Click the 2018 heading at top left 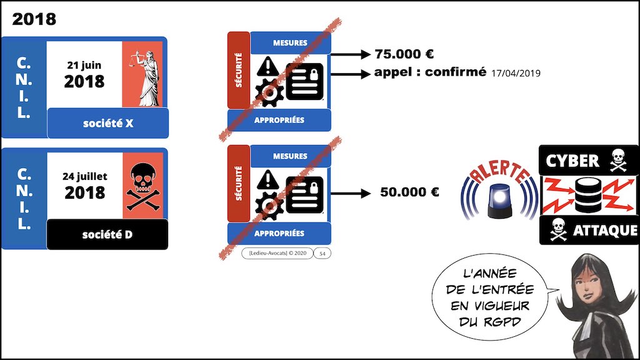pos(34,19)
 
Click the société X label pos(108,123)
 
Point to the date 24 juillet pos(85,176)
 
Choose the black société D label pos(107,235)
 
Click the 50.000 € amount pos(409,192)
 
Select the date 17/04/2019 pos(516,74)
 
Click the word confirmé pos(456,72)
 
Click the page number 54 pos(321,253)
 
